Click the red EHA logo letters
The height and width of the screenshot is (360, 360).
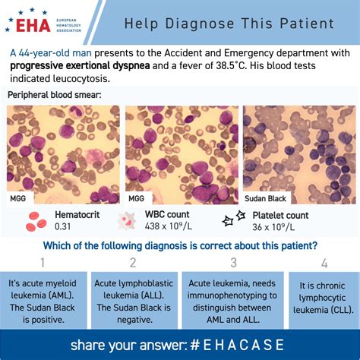coord(33,25)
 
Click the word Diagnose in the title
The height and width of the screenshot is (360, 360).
coord(200,24)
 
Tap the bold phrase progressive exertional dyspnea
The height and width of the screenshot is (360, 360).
coord(80,66)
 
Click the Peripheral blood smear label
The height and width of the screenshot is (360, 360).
coord(55,95)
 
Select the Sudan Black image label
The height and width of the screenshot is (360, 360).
coord(265,198)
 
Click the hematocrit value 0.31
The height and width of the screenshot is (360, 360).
coord(63,226)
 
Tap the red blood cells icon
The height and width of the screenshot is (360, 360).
coord(36,222)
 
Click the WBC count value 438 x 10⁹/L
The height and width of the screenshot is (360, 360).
coord(169,226)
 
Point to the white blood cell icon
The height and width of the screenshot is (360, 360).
coord(127,221)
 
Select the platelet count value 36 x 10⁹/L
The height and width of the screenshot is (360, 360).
coord(273,227)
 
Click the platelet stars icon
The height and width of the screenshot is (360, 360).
coord(234,219)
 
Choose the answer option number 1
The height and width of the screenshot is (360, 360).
coord(43,263)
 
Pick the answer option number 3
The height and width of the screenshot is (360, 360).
coord(234,263)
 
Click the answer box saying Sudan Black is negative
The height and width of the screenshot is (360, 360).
coord(134,301)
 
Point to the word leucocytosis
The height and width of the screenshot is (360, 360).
coord(81,79)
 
